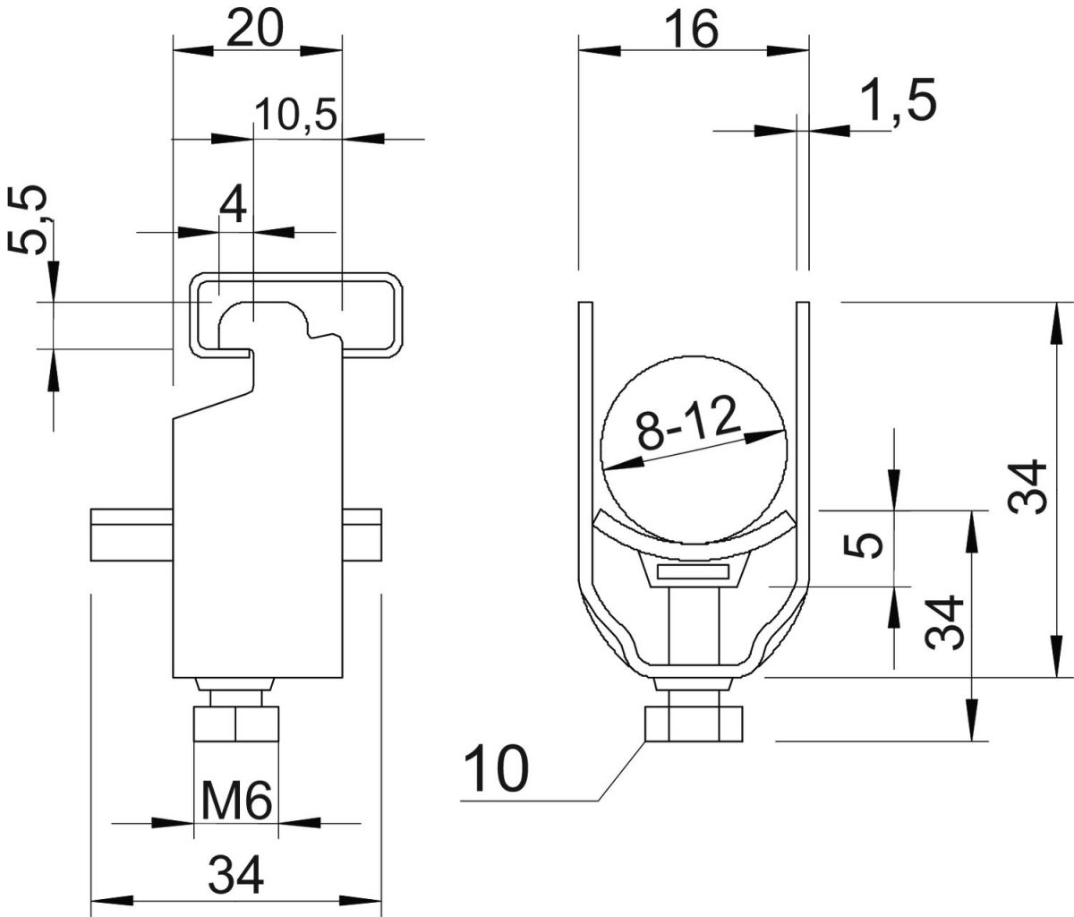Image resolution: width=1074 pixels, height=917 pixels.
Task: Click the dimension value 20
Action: tap(254, 29)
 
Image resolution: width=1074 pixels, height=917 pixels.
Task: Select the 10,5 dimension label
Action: tap(296, 115)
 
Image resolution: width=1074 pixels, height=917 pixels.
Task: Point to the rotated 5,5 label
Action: tap(28, 220)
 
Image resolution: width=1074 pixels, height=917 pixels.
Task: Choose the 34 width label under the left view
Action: tap(236, 875)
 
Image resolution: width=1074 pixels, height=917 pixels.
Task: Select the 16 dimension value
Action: tap(692, 30)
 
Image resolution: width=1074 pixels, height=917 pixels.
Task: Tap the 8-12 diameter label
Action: tap(687, 422)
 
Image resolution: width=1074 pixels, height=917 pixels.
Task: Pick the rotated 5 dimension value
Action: tap(863, 546)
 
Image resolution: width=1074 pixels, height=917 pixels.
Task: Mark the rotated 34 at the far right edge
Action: tap(1027, 487)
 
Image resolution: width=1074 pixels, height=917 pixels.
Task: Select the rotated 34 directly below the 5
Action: tap(944, 622)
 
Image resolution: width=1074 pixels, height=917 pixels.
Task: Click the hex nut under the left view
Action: tap(236, 723)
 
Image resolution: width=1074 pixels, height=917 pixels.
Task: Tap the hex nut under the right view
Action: tap(694, 724)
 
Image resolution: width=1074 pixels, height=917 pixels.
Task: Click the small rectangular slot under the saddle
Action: tap(693, 572)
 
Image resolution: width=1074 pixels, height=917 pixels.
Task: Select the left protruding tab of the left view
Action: tap(132, 535)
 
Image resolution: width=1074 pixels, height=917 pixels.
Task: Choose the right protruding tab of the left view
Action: tap(362, 535)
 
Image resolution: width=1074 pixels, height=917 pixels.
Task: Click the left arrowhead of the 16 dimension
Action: tap(600, 50)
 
